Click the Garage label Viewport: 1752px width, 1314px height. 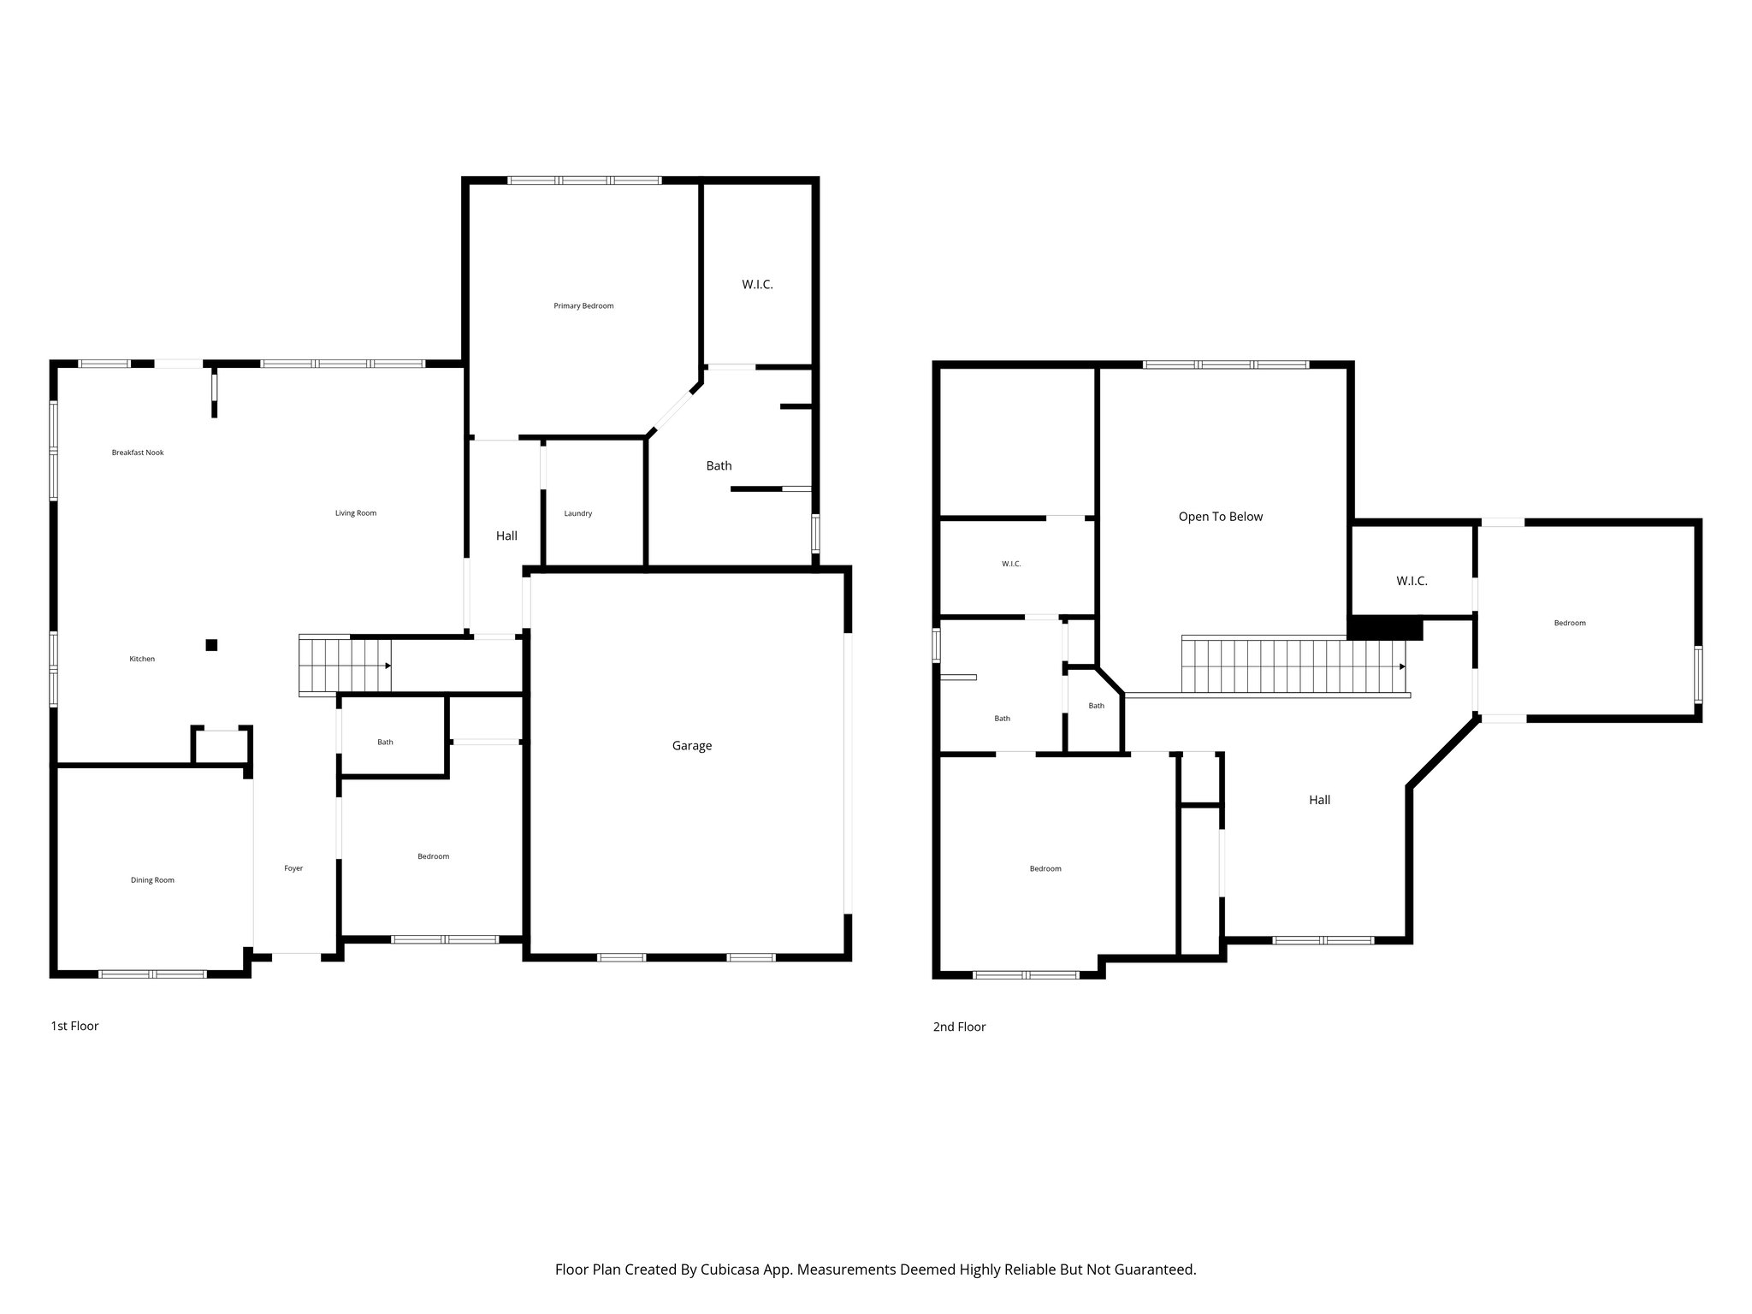point(691,746)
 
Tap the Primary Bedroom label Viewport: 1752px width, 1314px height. point(583,306)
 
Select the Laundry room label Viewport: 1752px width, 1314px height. point(578,514)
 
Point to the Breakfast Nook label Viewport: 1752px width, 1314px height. point(138,453)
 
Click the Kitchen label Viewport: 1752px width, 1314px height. point(142,659)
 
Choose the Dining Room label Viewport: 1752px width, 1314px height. point(152,880)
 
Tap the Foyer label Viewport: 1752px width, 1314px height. point(293,868)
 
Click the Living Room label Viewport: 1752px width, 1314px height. point(355,513)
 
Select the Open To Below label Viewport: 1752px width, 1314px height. point(1220,517)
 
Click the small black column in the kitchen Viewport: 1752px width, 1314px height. point(211,645)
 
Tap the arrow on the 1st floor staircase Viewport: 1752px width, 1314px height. point(388,666)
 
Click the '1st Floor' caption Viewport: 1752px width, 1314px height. point(74,1026)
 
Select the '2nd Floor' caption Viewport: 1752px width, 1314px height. point(959,1027)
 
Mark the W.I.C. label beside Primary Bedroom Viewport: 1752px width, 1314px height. point(757,285)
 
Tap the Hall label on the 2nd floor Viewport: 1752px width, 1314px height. point(1319,800)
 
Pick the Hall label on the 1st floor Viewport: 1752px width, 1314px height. point(506,536)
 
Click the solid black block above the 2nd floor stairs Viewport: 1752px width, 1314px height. point(1384,629)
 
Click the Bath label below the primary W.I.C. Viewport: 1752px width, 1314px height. point(719,466)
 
